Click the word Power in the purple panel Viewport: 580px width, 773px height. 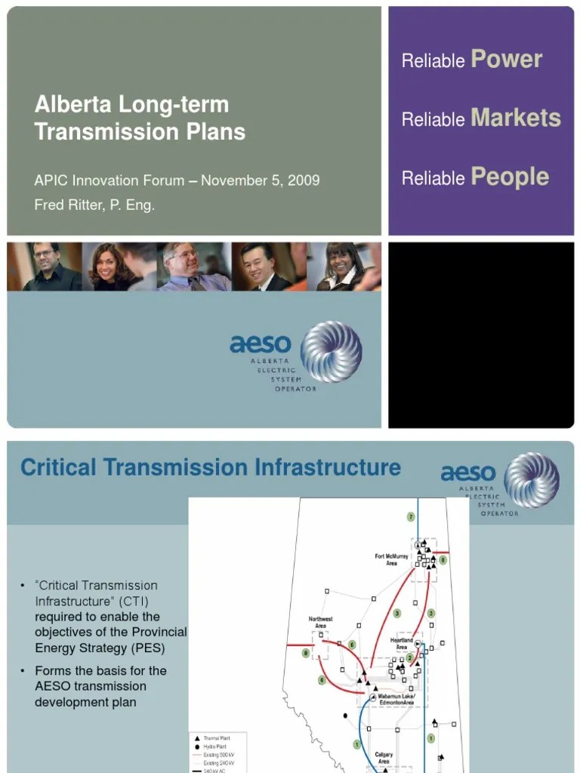pos(507,60)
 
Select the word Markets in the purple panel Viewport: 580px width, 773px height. pos(516,118)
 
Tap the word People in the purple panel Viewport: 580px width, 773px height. pos(510,177)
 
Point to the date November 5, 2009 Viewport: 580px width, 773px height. pos(260,180)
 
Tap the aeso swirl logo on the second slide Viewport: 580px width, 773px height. pos(532,480)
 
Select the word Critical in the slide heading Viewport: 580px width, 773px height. pos(58,467)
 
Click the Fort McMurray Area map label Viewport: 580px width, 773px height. pos(391,559)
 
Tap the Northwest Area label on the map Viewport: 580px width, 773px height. pos(320,622)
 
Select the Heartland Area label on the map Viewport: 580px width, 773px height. pos(402,643)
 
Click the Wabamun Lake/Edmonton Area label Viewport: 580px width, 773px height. pos(397,700)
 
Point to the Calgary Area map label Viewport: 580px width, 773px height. pos(384,758)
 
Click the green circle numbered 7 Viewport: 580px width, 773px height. pos(411,517)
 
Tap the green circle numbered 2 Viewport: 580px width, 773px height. pos(410,658)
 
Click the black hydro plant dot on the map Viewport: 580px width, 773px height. pos(345,715)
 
